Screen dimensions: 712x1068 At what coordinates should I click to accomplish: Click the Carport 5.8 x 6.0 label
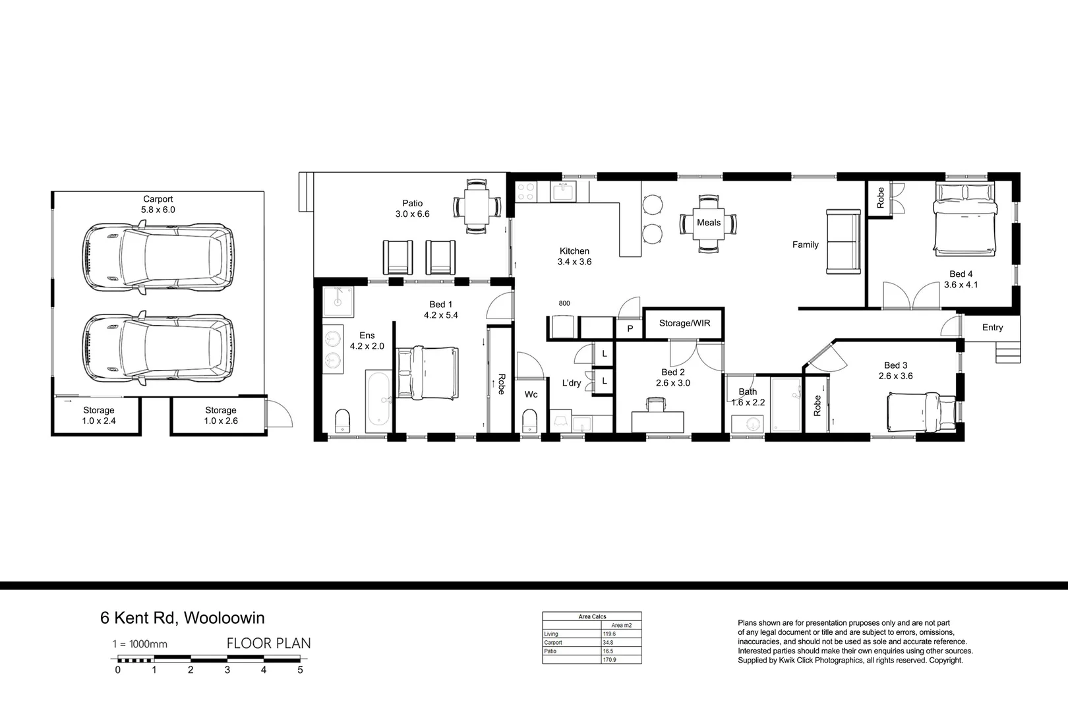[x=158, y=204]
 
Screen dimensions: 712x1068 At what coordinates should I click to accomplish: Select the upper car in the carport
[x=158, y=257]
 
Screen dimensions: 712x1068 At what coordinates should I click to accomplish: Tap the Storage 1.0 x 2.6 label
[x=221, y=415]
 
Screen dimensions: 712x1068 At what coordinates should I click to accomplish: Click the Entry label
[x=992, y=328]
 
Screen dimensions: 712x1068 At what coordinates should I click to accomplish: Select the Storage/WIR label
[x=684, y=323]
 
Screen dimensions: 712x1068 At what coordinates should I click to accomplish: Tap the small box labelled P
[x=630, y=328]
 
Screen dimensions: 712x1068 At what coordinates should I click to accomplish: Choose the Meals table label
[x=709, y=223]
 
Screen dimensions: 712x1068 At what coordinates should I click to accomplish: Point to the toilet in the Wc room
[x=529, y=421]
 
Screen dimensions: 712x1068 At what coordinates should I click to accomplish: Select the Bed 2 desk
[x=657, y=420]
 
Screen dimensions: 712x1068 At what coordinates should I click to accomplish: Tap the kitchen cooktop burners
[x=525, y=191]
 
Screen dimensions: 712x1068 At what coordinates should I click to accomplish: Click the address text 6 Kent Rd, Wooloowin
[x=183, y=618]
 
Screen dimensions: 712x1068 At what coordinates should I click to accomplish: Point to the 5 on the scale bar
[x=300, y=670]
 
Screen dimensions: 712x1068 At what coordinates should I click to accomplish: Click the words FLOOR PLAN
[x=268, y=643]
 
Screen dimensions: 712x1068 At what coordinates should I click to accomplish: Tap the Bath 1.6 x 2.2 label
[x=748, y=397]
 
